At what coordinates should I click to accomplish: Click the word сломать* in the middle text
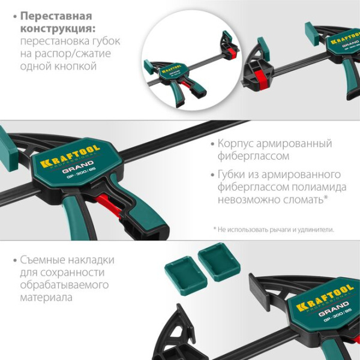coord(304,200)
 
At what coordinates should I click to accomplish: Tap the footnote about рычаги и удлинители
coord(273,229)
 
